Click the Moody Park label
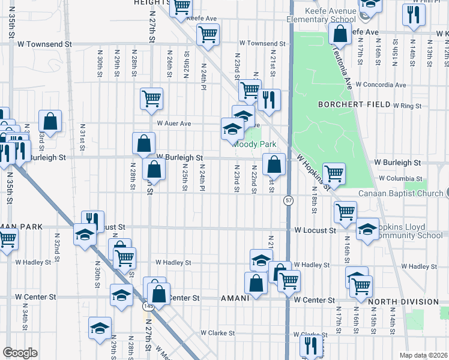point(255,145)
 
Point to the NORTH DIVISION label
point(404,302)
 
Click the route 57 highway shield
point(289,201)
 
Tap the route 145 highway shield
point(147,307)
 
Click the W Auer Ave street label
point(173,124)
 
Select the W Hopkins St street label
point(313,172)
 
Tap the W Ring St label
point(408,106)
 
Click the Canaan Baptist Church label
point(400,193)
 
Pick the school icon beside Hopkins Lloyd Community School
point(367,229)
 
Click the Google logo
point(20,352)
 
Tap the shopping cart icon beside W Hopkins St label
point(334,173)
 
